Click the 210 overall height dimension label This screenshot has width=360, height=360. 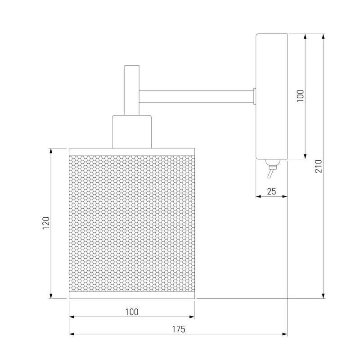point(319,166)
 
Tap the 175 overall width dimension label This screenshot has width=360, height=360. point(178,329)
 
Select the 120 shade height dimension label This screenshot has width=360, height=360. point(46,223)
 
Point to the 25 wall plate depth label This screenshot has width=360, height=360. point(271,191)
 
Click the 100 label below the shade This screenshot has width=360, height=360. point(132,312)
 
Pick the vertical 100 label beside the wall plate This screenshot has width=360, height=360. point(300,96)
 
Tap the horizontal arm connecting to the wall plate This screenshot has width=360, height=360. point(196,96)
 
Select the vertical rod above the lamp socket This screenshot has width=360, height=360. point(132,90)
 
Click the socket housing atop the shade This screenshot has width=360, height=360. point(132,132)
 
